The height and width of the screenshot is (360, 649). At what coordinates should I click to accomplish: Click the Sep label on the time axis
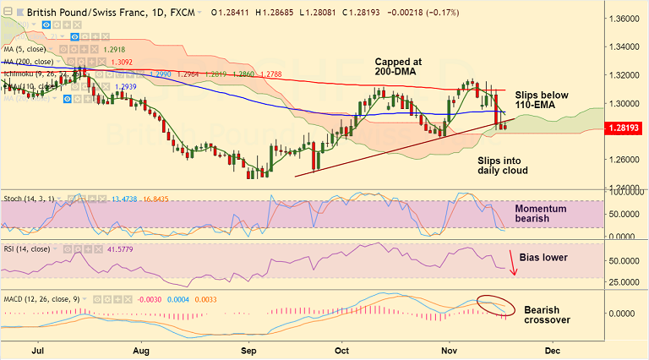click(x=248, y=348)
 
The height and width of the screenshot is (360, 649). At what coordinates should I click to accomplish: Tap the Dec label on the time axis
click(x=553, y=348)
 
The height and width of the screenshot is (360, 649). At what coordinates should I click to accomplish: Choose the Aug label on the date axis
click(x=141, y=348)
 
